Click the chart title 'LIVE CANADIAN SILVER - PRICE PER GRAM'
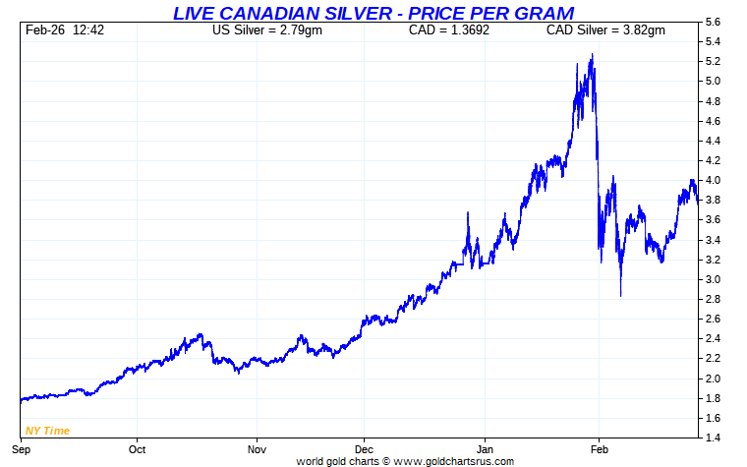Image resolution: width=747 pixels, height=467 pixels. [x=373, y=12]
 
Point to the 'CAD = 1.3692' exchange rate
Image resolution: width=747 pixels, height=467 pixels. [x=448, y=30]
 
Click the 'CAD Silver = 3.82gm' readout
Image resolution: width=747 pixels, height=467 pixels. [x=605, y=30]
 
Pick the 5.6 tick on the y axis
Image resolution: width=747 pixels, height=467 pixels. [x=714, y=22]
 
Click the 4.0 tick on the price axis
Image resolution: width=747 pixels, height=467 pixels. [x=714, y=180]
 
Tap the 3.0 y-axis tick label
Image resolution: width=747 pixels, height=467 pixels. [x=714, y=279]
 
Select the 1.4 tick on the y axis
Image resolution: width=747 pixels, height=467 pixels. [x=714, y=438]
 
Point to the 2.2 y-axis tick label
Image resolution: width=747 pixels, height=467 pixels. [x=714, y=359]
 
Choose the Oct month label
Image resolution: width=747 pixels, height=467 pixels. [x=137, y=449]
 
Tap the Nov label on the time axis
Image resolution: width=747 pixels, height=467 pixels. [x=257, y=449]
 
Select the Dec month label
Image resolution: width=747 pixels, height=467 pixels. [x=364, y=449]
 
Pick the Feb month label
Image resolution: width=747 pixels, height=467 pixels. [x=600, y=449]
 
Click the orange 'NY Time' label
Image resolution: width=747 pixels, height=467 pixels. [x=47, y=431]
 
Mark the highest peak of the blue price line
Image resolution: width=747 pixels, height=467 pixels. [x=592, y=55]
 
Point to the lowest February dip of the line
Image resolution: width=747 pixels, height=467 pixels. [x=620, y=296]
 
